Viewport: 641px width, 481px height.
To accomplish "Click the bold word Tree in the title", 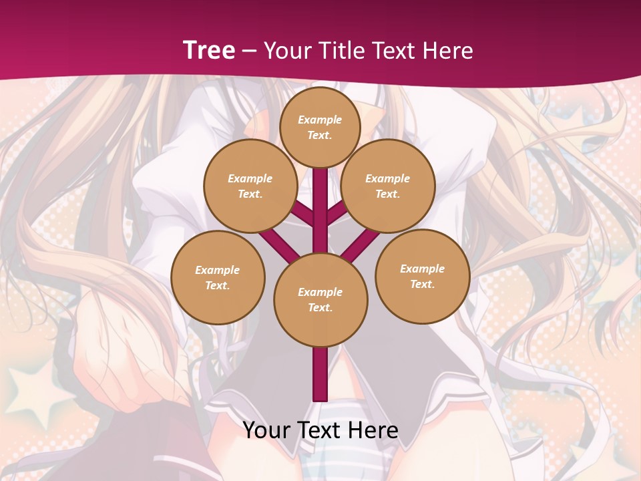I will pyautogui.click(x=209, y=50).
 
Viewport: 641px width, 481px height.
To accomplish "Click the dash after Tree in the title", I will pyautogui.click(x=249, y=51).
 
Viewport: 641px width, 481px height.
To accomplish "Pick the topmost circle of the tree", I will pyautogui.click(x=320, y=126).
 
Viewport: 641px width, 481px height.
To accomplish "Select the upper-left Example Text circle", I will pyautogui.click(x=250, y=186).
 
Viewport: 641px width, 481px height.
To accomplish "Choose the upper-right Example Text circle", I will pyautogui.click(x=388, y=186).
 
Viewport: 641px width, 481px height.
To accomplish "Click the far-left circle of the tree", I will pyautogui.click(x=218, y=277).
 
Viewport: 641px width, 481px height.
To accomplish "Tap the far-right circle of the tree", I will pyautogui.click(x=423, y=276).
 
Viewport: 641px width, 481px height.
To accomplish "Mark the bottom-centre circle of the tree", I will pyautogui.click(x=320, y=300).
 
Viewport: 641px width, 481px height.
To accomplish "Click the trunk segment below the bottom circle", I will pyautogui.click(x=320, y=374).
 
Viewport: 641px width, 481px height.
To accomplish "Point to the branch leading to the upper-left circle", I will pyautogui.click(x=303, y=214).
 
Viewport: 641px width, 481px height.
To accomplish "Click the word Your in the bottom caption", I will pyautogui.click(x=267, y=430).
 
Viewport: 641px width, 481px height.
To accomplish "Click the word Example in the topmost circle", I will pyautogui.click(x=320, y=120).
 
